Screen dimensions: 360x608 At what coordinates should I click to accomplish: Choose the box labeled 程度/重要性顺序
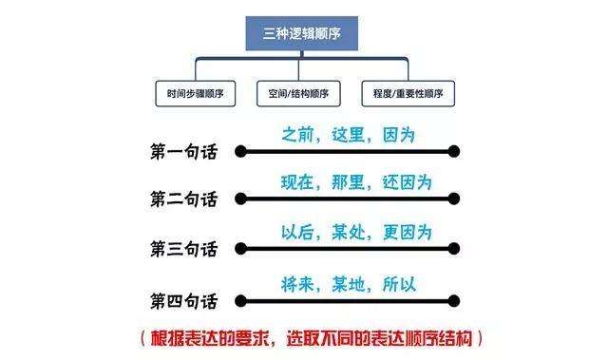pos(408,94)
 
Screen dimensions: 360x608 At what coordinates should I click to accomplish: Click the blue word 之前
pos(298,134)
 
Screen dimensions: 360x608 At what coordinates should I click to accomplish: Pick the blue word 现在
pos(298,181)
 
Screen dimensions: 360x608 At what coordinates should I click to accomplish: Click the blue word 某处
pos(347,232)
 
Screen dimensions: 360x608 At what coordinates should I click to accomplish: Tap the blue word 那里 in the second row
pos(347,181)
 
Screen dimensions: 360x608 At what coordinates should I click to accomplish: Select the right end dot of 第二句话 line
pos(454,199)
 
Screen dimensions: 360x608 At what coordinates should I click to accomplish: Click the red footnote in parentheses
pos(310,337)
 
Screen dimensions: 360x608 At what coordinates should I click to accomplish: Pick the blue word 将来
pos(298,282)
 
